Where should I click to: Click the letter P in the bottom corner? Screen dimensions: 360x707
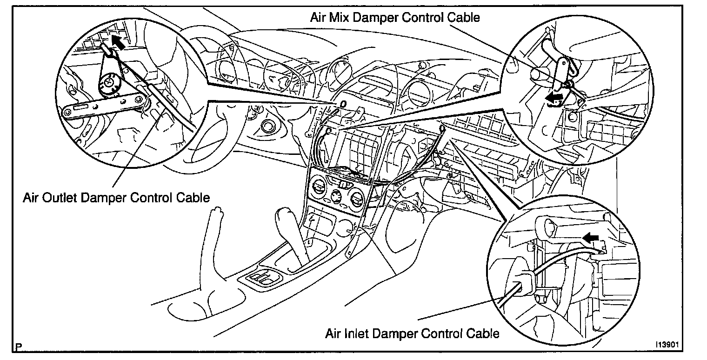click(x=19, y=347)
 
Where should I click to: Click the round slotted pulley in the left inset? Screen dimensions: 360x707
click(x=109, y=84)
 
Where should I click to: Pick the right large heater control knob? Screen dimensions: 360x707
click(x=357, y=200)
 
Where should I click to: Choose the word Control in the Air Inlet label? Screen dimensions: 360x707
click(x=437, y=333)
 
